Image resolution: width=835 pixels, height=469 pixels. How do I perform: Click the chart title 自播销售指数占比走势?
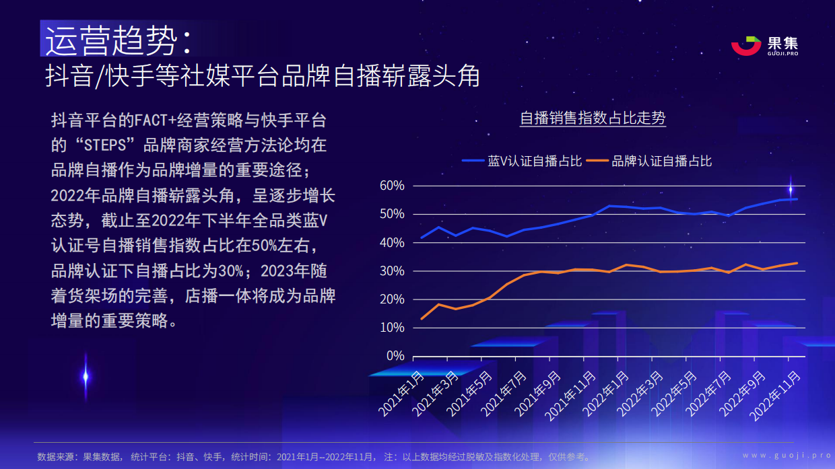point(592,119)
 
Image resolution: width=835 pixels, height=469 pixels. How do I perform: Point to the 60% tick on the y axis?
point(392,186)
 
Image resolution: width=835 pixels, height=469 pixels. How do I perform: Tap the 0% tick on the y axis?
point(395,356)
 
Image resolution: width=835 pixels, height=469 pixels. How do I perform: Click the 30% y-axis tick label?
point(392,271)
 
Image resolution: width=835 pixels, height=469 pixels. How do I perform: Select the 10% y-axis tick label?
point(392,328)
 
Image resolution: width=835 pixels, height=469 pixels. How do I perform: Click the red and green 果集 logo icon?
point(745,45)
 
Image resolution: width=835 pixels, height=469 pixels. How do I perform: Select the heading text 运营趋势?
point(110,42)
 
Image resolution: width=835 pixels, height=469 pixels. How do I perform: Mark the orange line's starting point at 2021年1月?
point(422,319)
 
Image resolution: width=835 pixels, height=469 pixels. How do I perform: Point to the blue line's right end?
point(797,199)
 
